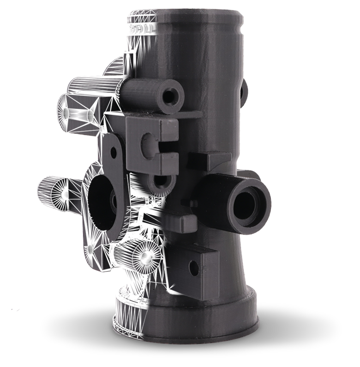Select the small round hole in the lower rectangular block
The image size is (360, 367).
click(193, 267)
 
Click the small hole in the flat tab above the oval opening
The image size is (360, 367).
click(113, 151)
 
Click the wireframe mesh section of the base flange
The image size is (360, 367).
click(127, 318)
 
